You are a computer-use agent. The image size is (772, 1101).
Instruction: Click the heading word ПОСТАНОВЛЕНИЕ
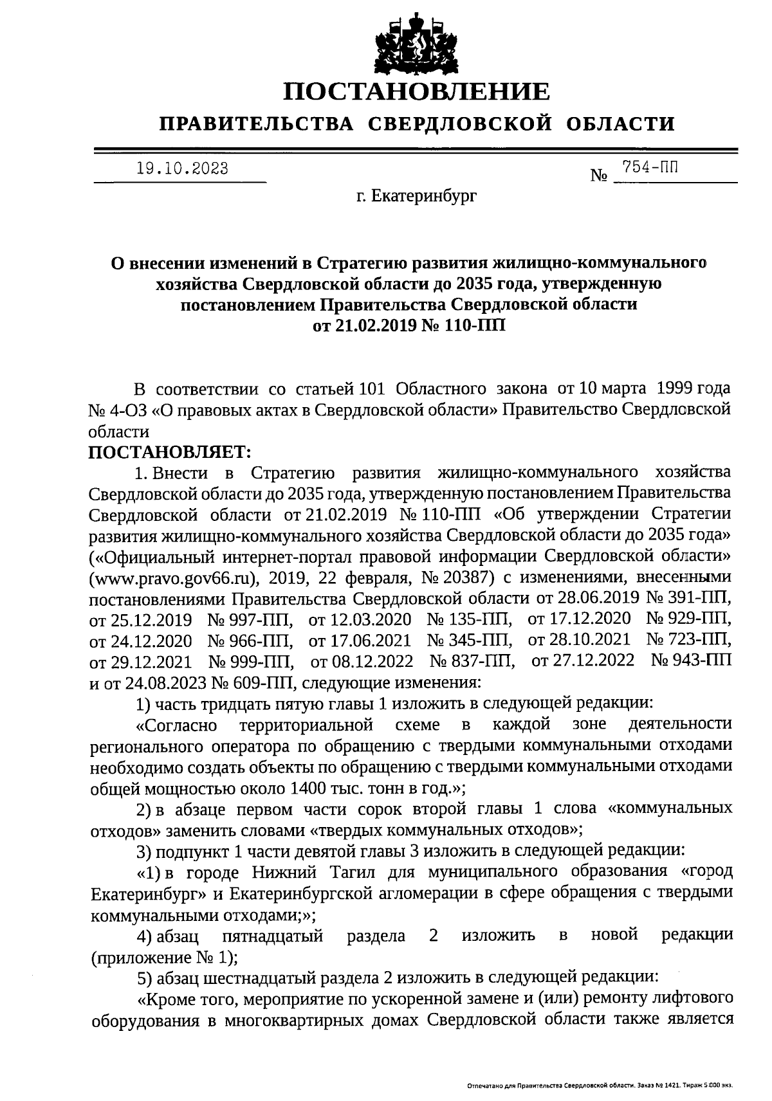(418, 91)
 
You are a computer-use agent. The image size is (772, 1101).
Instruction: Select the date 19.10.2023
(182, 168)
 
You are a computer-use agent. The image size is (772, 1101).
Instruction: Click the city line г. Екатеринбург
(417, 196)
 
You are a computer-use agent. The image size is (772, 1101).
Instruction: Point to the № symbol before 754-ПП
(599, 175)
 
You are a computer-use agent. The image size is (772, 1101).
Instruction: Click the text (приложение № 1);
(164, 956)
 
